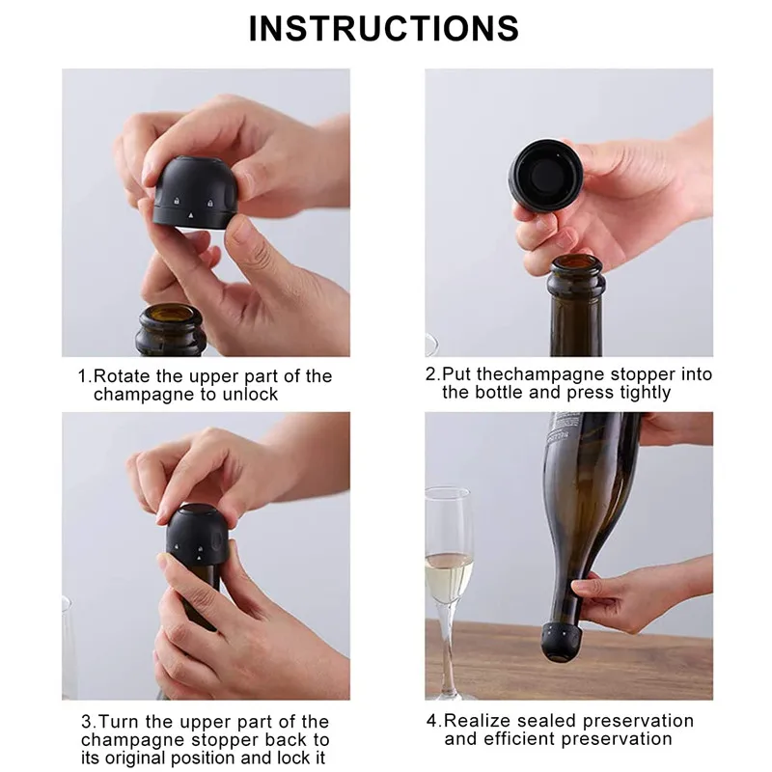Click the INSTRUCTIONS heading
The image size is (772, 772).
coord(384,28)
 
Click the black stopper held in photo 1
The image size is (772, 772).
coord(196,192)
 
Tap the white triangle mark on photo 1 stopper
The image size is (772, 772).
coord(191,215)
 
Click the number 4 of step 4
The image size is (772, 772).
coord(431,721)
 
